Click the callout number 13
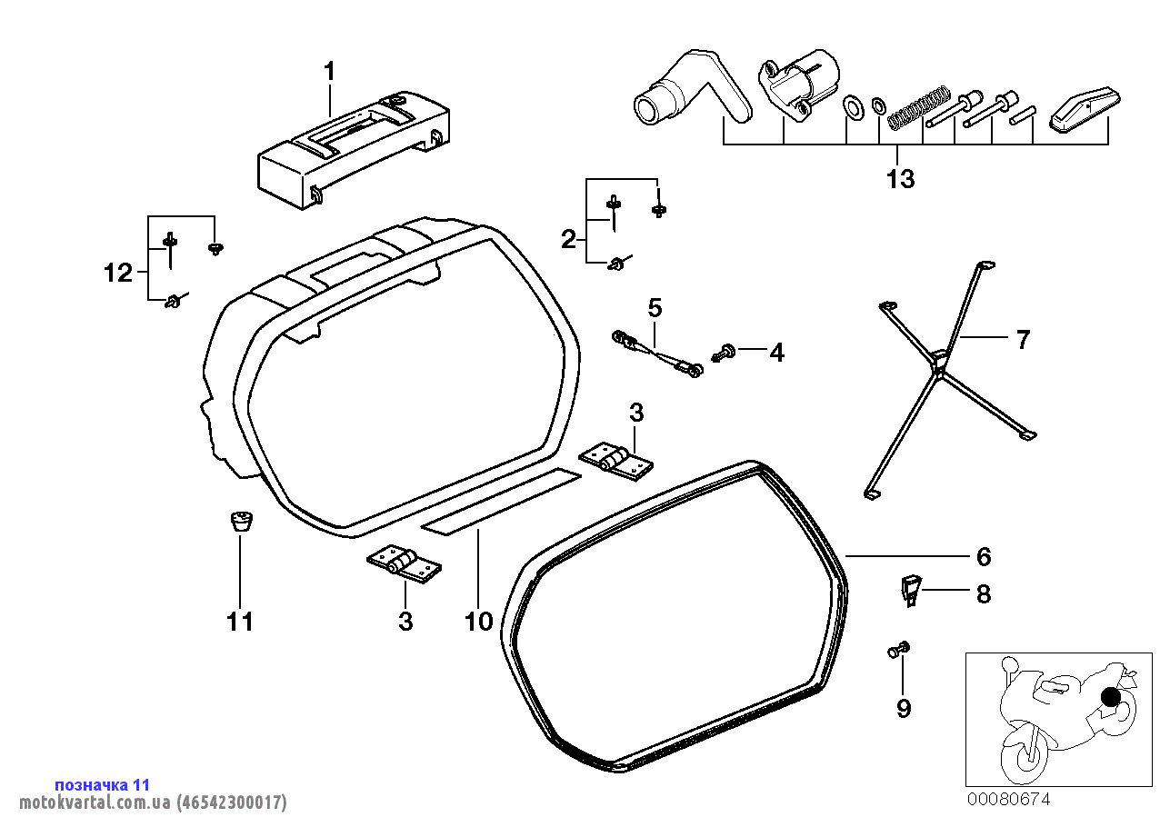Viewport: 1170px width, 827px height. click(901, 179)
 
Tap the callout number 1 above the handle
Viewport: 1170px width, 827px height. click(329, 72)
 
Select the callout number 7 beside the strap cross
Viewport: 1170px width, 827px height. click(1023, 339)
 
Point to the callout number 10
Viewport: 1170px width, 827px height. click(478, 622)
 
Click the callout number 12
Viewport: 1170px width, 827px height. click(118, 273)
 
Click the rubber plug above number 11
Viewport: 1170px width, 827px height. click(241, 521)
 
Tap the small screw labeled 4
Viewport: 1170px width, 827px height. click(724, 353)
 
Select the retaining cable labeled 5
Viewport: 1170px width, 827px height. click(657, 354)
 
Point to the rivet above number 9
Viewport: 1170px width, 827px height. click(899, 650)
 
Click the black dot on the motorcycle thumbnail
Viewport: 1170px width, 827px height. click(1111, 698)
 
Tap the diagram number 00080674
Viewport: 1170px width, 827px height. click(1008, 800)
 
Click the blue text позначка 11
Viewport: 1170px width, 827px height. click(103, 785)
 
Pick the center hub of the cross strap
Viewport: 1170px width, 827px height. click(938, 362)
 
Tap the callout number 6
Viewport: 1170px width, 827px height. click(984, 556)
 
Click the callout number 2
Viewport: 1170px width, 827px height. click(568, 240)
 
